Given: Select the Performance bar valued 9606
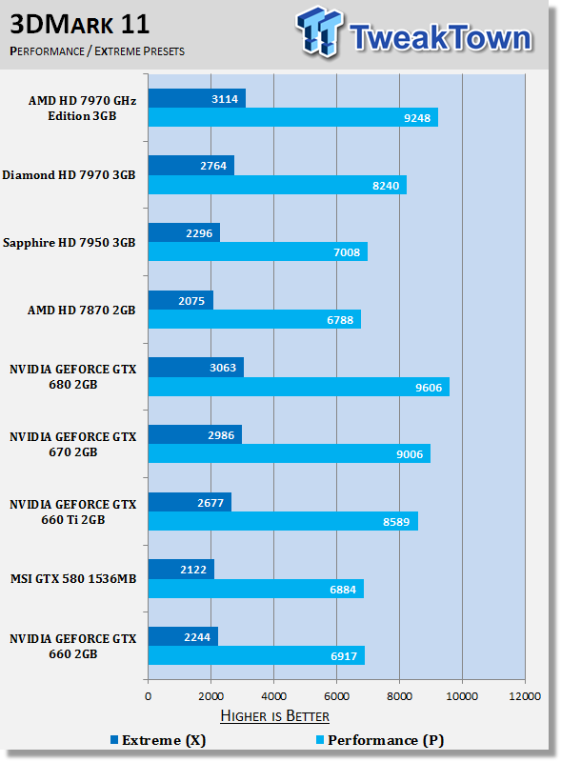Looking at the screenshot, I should pos(298,387).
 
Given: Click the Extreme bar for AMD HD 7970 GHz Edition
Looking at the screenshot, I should pos(196,98).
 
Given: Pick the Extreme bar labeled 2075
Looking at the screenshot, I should pos(180,300).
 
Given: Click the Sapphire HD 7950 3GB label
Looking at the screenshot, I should pos(69,243).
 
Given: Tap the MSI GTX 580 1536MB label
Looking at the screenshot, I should pos(72,579).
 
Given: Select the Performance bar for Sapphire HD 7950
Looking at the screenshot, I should pos(257,252).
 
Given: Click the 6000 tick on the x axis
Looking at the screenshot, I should pos(336,696).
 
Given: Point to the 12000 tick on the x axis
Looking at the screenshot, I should pos(525,696).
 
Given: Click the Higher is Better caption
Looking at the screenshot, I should pos(274,715).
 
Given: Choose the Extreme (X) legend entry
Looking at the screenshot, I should pos(158,739).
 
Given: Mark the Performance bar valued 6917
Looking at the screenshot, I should pos(256,656).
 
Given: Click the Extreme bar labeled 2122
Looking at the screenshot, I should pos(181,570).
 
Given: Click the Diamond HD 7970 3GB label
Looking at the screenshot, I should pos(69,175).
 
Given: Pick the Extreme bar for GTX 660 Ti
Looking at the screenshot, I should pos(190,502).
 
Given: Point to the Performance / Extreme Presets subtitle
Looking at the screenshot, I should pos(97,50).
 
